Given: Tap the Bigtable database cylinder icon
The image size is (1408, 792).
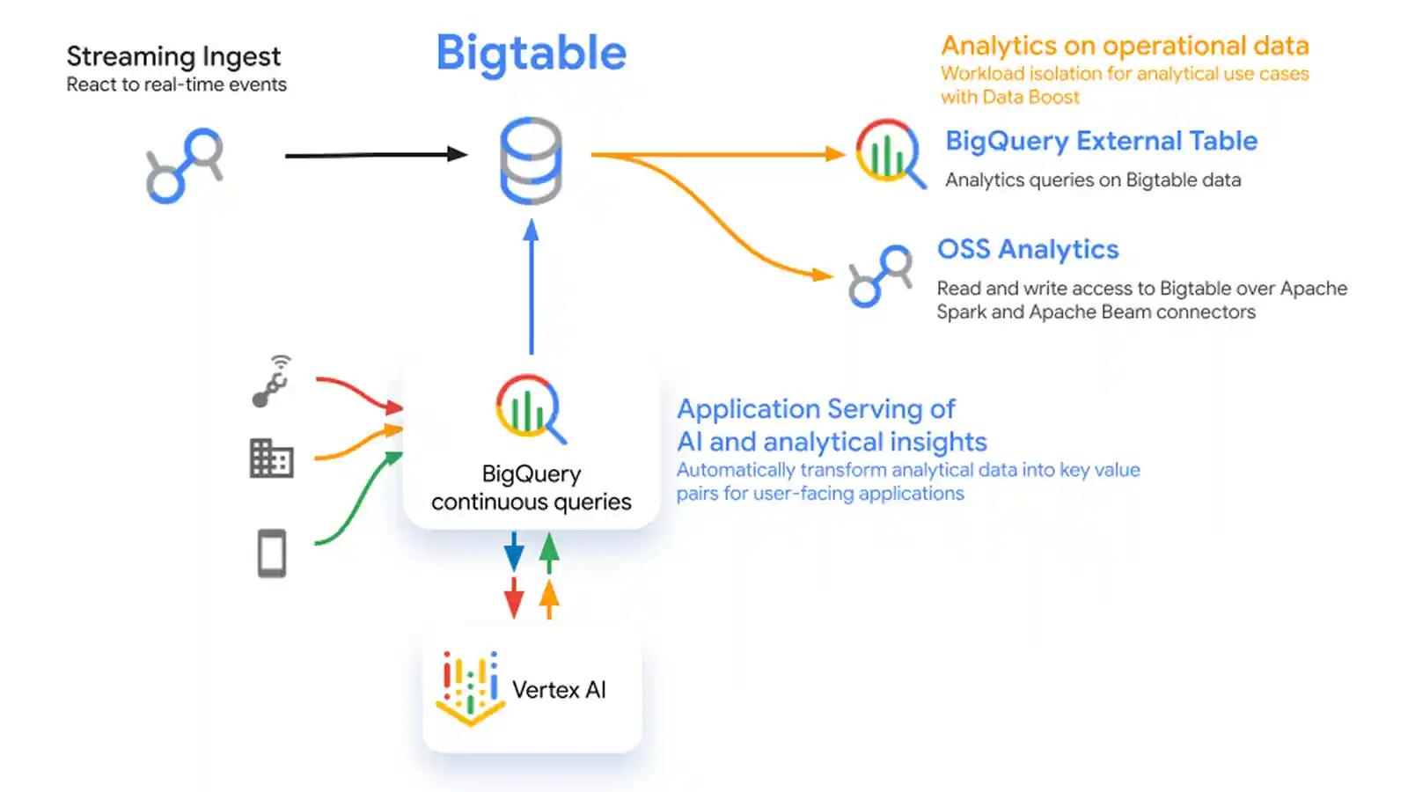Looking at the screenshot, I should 531,160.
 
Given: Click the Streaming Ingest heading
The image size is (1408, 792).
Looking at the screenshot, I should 173,56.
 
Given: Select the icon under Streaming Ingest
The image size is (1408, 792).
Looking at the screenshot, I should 185,165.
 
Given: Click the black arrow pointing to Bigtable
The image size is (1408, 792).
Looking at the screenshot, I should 376,155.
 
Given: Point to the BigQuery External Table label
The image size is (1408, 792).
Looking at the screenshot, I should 1101,141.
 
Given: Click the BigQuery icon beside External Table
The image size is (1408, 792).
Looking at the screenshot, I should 890,153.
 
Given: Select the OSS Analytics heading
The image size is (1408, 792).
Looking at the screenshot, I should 1028,249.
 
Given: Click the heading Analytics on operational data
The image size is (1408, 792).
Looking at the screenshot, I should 1125,46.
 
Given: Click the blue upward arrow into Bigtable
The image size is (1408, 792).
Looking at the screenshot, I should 531,286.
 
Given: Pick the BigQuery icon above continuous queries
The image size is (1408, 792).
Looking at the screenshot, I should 530,408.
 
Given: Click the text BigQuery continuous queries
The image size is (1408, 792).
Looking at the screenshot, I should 532,488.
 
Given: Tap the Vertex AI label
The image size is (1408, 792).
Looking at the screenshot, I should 559,690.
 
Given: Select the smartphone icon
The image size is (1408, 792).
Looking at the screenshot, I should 272,554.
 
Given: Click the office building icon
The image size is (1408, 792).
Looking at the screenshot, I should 271,458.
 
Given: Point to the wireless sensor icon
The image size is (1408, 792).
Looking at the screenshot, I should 272,382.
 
